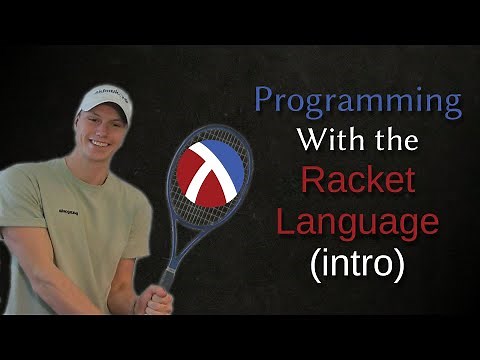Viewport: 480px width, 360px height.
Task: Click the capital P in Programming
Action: (x=264, y=102)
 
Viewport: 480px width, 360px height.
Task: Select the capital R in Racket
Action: (x=313, y=183)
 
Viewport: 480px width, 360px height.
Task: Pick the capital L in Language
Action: (x=283, y=221)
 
